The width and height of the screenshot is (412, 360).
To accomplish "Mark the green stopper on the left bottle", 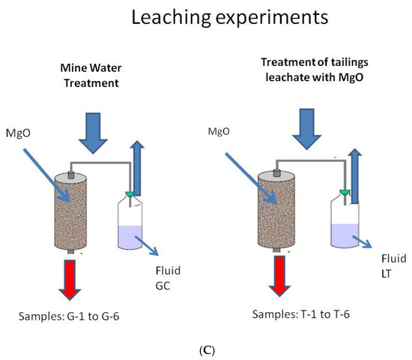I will pos(131,196).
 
